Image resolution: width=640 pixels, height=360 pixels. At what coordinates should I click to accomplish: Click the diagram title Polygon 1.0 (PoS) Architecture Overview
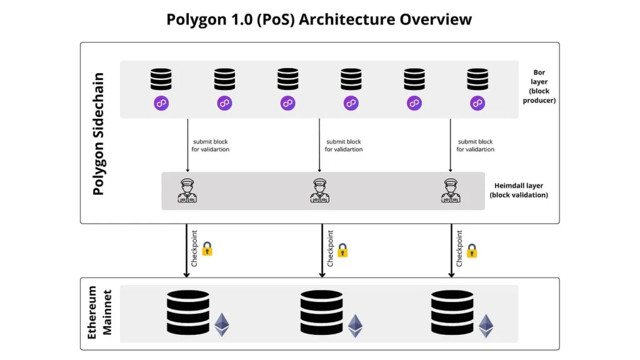(319, 19)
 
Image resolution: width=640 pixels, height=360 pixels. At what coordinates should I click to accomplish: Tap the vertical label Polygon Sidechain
(98, 134)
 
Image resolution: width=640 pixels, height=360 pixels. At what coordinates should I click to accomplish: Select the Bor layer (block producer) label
(539, 86)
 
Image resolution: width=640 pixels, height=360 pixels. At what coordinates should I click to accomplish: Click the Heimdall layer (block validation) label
(519, 191)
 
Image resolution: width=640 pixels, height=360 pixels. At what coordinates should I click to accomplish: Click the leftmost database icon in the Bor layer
(161, 79)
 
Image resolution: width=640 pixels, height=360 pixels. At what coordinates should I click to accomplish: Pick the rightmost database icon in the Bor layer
(477, 79)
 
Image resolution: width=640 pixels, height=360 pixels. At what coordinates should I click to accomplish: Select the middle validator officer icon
(319, 191)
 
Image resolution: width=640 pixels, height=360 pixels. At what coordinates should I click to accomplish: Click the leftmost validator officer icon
(187, 191)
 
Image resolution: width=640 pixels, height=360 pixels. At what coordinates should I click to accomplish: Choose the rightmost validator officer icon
(451, 191)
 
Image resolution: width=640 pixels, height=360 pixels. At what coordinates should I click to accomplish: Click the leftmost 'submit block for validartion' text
(211, 146)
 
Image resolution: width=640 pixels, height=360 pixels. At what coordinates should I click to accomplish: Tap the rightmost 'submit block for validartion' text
(475, 146)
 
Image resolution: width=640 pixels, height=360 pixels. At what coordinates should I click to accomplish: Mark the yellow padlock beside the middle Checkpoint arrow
(342, 251)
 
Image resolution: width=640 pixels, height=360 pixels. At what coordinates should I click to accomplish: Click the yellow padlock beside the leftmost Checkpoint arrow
(207, 249)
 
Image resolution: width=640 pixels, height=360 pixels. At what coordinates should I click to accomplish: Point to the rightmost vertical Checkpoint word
(459, 249)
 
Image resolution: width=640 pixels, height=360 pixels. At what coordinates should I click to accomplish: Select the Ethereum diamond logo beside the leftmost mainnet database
(222, 324)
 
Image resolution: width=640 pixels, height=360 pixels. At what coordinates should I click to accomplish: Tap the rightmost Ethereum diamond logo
(486, 326)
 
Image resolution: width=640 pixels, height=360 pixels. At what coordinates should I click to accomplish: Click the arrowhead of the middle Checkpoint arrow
(322, 274)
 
